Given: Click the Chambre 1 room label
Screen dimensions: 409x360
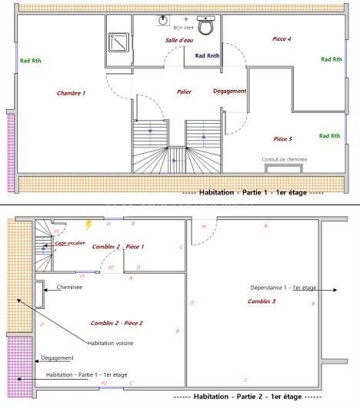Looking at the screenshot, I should tap(71, 93).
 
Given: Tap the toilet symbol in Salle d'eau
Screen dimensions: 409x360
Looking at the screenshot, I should tap(205, 26).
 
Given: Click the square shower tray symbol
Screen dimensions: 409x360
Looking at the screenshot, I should tap(119, 45).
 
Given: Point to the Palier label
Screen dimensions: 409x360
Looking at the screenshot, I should tap(184, 91).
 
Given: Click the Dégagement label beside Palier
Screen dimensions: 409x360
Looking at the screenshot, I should tap(229, 91).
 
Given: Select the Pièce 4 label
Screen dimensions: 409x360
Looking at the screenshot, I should tap(282, 38).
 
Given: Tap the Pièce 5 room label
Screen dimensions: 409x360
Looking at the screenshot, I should tap(282, 139).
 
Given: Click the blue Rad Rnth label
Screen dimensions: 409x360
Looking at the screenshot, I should tap(207, 55).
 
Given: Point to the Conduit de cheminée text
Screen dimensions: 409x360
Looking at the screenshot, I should tap(285, 159).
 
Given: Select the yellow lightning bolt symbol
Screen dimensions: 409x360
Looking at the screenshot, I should tap(88, 225).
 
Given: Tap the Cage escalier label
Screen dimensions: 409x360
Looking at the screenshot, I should tap(71, 242).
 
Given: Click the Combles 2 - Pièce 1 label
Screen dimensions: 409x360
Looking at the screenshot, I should tap(118, 246).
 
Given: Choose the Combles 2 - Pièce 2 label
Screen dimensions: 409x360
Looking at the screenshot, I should tap(117, 323).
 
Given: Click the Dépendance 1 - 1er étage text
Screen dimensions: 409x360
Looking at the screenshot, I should tap(283, 288).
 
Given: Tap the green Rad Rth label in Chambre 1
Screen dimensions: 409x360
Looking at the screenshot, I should tap(31, 60).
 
